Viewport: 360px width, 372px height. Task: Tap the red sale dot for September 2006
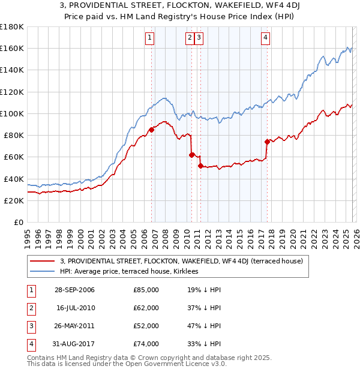151,129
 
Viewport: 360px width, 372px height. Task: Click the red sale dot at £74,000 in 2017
267,142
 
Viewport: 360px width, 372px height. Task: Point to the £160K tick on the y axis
12,48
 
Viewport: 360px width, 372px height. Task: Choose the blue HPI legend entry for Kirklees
132,271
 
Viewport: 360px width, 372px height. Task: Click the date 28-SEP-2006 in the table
74,290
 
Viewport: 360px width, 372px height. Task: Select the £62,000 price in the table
146,308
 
